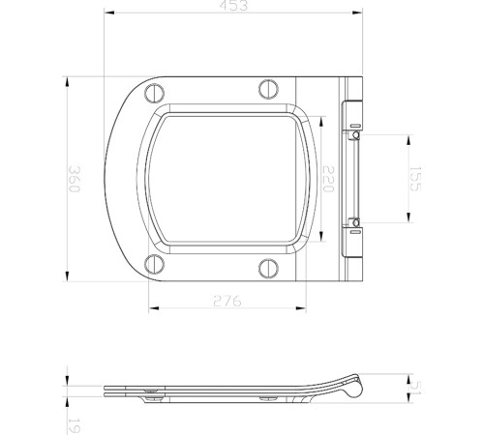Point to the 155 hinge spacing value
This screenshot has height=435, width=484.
414,181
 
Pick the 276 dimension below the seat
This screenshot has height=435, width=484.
228,302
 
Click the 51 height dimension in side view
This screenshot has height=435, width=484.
415,386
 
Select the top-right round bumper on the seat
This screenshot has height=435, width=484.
268,90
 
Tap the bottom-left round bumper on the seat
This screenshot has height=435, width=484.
153,266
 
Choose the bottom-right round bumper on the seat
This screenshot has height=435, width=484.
268,268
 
